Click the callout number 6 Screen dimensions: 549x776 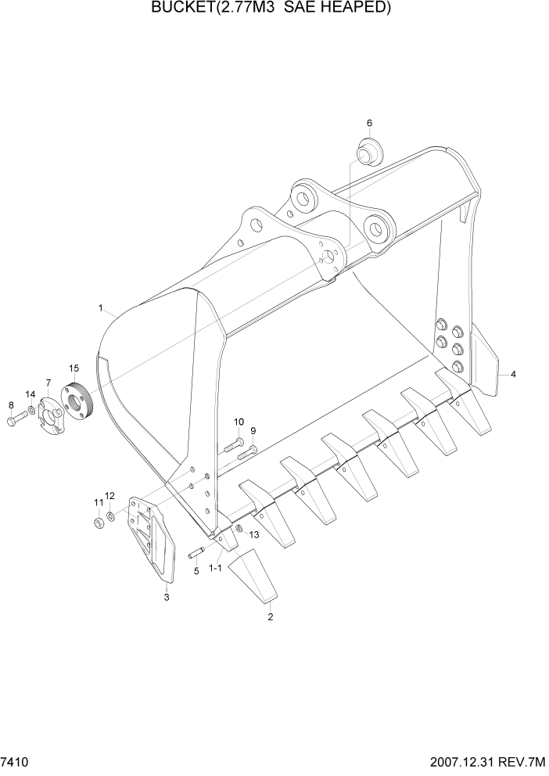point(369,123)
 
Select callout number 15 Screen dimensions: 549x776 point(74,368)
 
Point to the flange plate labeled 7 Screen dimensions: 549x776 point(51,410)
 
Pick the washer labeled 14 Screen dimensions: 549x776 point(31,410)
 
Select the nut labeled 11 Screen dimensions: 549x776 point(99,522)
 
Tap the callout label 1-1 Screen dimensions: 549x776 point(217,569)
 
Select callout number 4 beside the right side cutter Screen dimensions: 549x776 point(513,375)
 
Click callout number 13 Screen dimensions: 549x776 point(253,534)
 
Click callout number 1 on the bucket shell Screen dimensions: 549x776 point(101,308)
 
